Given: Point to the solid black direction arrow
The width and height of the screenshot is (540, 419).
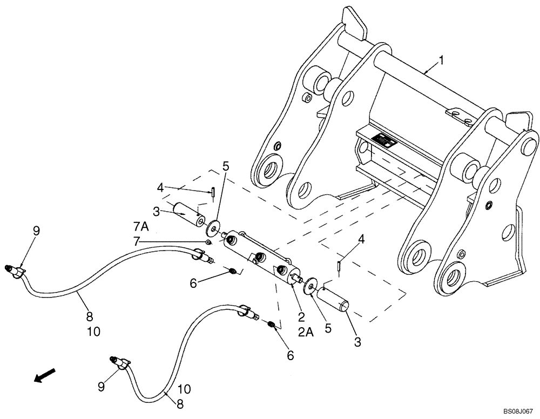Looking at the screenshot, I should click(x=45, y=375).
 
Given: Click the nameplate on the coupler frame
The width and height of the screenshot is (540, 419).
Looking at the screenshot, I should click(x=385, y=141).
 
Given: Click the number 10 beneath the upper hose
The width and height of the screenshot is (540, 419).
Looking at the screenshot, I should click(x=93, y=332).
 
